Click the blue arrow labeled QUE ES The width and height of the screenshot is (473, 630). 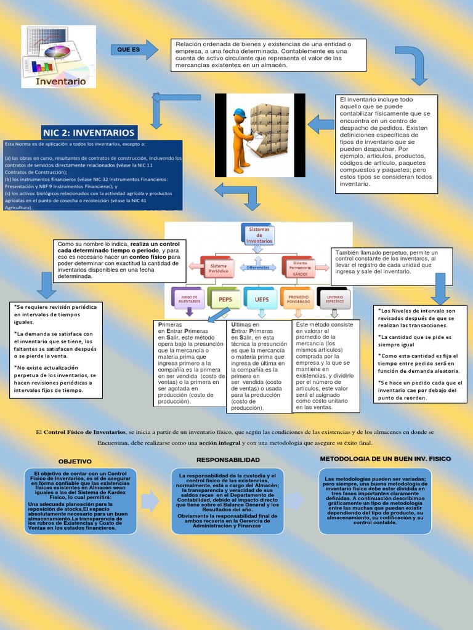click(x=135, y=50)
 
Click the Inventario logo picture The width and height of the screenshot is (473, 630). click(x=59, y=56)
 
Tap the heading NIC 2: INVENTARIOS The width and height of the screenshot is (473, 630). click(x=89, y=132)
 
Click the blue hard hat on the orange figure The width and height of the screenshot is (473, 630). click(x=240, y=113)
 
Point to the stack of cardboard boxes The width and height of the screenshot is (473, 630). click(x=270, y=129)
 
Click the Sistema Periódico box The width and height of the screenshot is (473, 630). click(x=219, y=267)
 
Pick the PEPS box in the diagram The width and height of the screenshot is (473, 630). click(x=224, y=298)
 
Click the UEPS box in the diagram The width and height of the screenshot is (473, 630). click(x=261, y=298)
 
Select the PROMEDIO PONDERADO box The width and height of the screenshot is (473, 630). click(x=298, y=298)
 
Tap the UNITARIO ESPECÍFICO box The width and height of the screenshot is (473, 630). click(x=334, y=298)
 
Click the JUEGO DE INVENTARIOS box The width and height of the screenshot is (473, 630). click(x=188, y=298)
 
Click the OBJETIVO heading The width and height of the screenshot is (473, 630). click(x=75, y=461)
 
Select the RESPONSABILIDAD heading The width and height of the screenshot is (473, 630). click(x=228, y=460)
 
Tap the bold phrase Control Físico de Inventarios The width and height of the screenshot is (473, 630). click(x=84, y=433)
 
